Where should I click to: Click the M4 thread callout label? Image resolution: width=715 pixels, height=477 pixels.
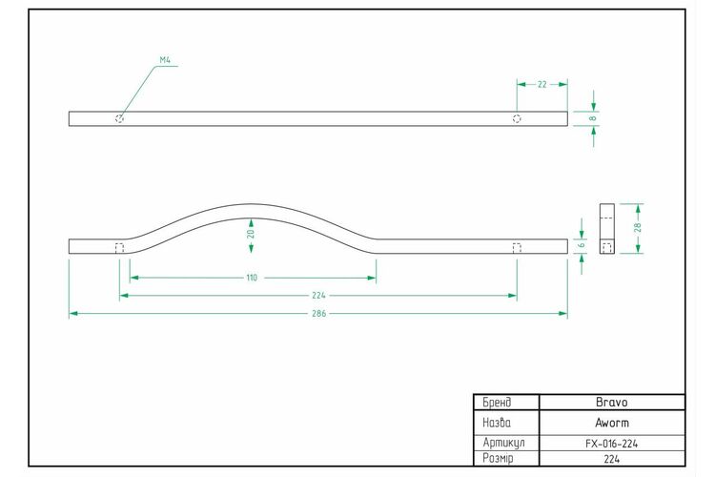click(165, 60)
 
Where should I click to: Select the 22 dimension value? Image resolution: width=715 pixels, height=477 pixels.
click(541, 85)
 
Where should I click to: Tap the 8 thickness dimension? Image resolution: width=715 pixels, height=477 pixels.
click(593, 118)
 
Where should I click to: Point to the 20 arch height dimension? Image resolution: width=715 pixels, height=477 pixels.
click(251, 234)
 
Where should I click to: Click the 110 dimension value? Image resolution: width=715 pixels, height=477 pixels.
click(252, 278)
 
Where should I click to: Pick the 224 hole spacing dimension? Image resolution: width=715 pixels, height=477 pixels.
click(318, 296)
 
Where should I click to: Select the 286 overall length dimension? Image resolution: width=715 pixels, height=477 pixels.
click(318, 314)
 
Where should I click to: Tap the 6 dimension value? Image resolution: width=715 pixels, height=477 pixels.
click(581, 245)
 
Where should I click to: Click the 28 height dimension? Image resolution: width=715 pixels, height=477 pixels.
click(638, 227)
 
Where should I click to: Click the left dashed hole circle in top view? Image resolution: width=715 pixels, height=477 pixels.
click(119, 118)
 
